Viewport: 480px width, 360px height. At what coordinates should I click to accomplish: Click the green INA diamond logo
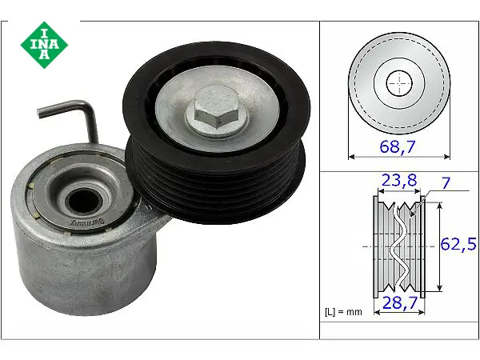(44, 45)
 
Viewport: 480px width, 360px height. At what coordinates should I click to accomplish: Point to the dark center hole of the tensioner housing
(83, 201)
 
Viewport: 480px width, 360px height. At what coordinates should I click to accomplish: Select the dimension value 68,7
(398, 146)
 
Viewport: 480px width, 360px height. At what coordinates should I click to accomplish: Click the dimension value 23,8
(399, 180)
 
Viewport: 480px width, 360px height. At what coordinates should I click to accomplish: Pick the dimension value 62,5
(458, 244)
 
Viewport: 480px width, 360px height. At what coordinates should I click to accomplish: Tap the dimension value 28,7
(400, 302)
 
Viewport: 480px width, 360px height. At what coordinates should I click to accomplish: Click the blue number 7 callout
(446, 183)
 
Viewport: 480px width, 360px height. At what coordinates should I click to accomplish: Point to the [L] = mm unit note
(343, 312)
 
